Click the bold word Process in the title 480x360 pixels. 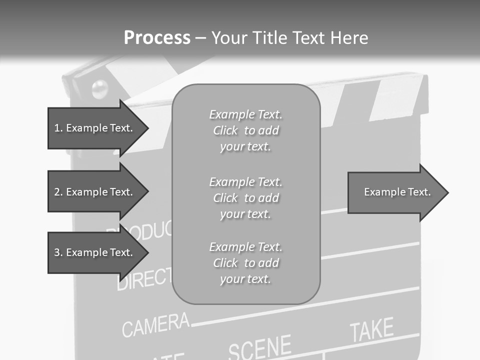(x=157, y=38)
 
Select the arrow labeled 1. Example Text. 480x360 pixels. (x=95, y=128)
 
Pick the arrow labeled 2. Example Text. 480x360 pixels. (x=95, y=192)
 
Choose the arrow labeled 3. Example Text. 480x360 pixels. (x=95, y=252)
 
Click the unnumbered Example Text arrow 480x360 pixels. (x=395, y=192)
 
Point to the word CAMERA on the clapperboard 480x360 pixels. (x=155, y=324)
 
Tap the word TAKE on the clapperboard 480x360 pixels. (x=371, y=330)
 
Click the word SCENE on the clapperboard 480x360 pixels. (x=259, y=346)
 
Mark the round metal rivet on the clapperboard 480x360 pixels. (x=100, y=88)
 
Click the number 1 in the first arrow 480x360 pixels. (x=57, y=128)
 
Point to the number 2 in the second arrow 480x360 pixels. (x=57, y=192)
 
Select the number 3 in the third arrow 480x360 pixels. (x=57, y=252)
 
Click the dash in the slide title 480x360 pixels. (x=200, y=38)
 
